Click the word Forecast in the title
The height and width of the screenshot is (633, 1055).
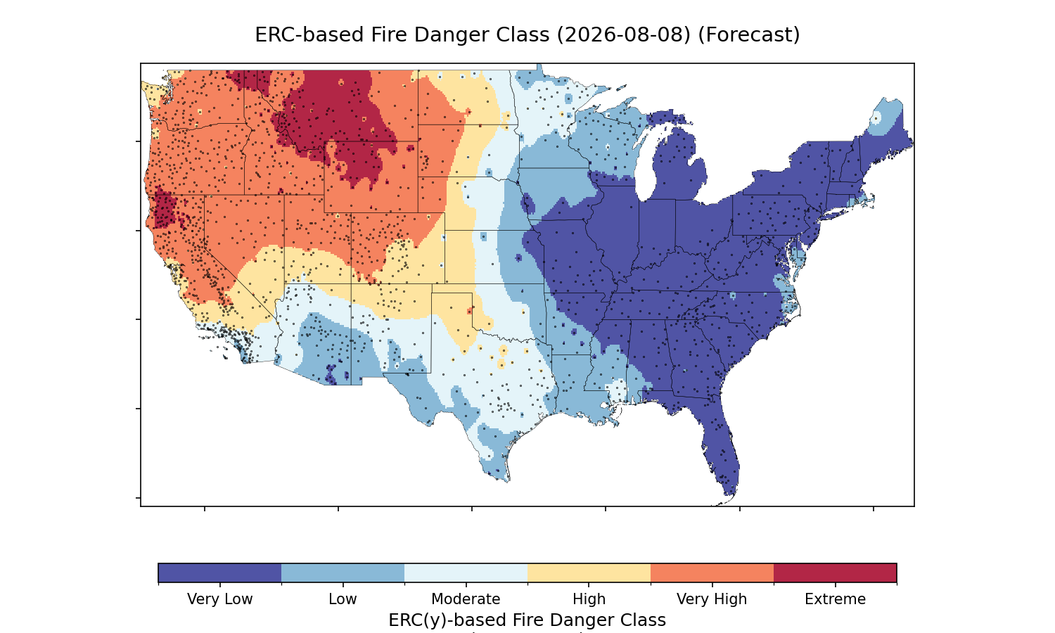[749, 35]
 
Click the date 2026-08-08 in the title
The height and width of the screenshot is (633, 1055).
[625, 35]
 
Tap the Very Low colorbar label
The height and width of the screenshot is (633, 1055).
[219, 599]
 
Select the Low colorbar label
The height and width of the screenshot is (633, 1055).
[343, 599]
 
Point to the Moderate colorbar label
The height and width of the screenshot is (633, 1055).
[466, 599]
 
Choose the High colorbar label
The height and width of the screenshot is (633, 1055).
[589, 599]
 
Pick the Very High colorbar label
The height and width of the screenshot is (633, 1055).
[712, 599]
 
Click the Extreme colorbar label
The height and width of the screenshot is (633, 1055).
[835, 599]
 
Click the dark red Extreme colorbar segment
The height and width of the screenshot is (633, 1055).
[835, 573]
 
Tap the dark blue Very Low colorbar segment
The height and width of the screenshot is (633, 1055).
[219, 573]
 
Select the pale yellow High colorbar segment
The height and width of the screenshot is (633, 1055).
[589, 573]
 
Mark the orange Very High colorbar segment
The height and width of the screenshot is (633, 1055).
[712, 573]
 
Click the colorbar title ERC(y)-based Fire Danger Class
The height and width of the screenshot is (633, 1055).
[527, 620]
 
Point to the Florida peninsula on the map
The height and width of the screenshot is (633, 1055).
[721, 447]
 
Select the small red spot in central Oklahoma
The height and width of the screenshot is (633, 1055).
[469, 312]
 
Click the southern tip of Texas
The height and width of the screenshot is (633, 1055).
[507, 481]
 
